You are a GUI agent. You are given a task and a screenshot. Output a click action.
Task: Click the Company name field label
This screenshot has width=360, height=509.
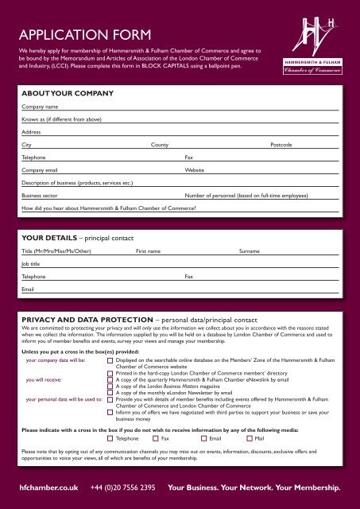[x=40, y=106]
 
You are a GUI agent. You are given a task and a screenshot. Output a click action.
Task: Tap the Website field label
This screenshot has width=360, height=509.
[x=195, y=170]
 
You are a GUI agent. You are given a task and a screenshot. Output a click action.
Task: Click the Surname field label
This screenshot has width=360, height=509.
[x=250, y=251]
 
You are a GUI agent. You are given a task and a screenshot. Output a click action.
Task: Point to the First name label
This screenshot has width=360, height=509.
[x=148, y=251]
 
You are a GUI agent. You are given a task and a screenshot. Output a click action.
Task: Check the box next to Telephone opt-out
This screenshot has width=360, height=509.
[x=110, y=437]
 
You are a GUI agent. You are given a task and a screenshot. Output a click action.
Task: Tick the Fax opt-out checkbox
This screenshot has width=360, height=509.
[x=155, y=437]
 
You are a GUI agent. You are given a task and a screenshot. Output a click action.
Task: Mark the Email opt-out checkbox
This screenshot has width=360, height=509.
[x=203, y=437]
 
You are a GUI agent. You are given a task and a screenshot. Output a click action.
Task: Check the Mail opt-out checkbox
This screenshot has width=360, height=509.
[x=249, y=437]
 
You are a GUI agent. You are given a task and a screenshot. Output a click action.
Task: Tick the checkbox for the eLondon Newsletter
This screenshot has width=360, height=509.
[x=110, y=392]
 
